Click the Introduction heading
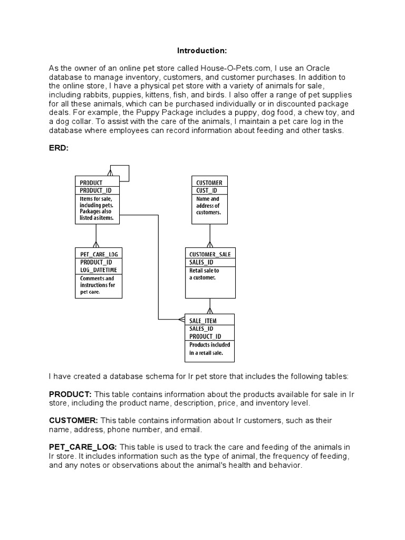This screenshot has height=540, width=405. pyautogui.click(x=202, y=51)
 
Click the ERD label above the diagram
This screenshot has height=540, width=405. pyautogui.click(x=59, y=148)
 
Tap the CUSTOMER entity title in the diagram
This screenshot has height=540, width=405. pyautogui.click(x=209, y=182)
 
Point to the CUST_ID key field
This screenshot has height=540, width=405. pyautogui.click(x=207, y=190)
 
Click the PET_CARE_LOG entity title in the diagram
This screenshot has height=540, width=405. pyautogui.click(x=99, y=254)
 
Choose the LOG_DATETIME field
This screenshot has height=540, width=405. pyautogui.click(x=99, y=270)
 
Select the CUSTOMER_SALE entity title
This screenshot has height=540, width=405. pyautogui.click(x=209, y=254)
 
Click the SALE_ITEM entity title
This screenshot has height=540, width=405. pyautogui.click(x=202, y=320)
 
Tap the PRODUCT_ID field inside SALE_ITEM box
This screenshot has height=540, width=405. pyautogui.click(x=205, y=336)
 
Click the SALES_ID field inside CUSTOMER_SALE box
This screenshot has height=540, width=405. pyautogui.click(x=200, y=262)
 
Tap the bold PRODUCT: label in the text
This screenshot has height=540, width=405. pyautogui.click(x=70, y=394)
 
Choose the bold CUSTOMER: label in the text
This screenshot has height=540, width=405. pyautogui.click(x=73, y=420)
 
